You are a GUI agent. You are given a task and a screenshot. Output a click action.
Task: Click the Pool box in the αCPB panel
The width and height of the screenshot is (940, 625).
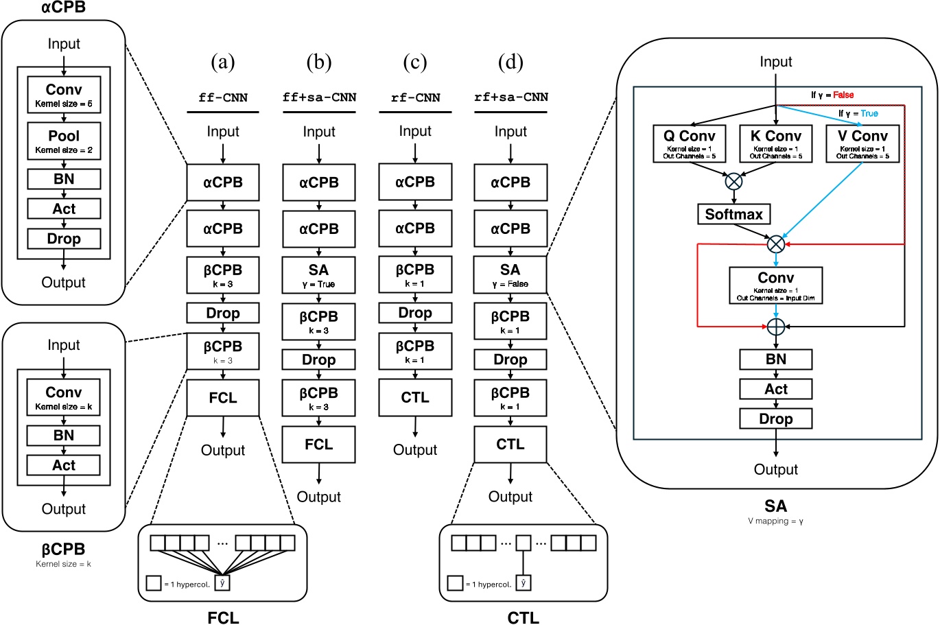[64, 141]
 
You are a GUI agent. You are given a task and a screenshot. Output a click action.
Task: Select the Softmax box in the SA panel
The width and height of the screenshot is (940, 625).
[733, 214]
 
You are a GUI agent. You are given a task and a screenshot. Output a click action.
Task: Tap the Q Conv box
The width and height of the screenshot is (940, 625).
[689, 143]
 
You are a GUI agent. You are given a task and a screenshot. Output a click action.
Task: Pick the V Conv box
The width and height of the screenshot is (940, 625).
[862, 143]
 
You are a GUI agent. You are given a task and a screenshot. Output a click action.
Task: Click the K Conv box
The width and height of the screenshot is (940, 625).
[775, 143]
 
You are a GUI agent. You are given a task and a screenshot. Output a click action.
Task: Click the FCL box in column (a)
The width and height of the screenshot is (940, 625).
[223, 398]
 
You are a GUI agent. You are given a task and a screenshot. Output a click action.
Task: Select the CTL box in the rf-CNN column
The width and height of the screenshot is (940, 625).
[415, 398]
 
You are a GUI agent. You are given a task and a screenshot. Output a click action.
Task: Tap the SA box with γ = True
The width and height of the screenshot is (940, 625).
[319, 275]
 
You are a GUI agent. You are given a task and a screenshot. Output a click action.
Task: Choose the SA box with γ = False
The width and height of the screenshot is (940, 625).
[510, 275]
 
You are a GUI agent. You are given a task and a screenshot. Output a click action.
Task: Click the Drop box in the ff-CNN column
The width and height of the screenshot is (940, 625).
[223, 314]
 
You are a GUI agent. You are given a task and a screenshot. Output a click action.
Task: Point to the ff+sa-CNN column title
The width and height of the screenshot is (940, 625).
[319, 97]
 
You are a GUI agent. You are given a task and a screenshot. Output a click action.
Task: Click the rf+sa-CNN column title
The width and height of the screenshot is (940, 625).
[511, 97]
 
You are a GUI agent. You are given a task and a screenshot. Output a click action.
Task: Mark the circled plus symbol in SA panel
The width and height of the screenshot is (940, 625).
[775, 327]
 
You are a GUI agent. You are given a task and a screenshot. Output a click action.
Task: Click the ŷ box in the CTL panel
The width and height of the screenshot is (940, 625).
[524, 583]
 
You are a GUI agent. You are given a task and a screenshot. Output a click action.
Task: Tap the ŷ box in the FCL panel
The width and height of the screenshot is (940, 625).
[222, 583]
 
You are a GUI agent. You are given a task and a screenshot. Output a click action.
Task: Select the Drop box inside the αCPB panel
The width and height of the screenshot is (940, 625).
[64, 239]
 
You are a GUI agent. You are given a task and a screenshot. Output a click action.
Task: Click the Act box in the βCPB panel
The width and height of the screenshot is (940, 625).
[64, 465]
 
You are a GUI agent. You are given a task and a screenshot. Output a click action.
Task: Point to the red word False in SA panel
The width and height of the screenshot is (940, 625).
[843, 95]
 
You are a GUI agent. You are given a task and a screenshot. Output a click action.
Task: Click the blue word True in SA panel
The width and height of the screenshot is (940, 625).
[869, 113]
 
